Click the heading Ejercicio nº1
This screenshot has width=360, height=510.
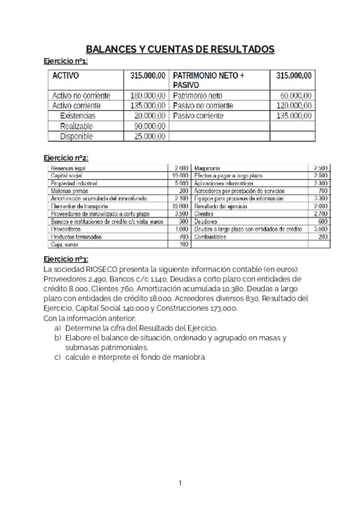click(x=66, y=61)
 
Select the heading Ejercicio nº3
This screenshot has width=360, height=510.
click(x=66, y=259)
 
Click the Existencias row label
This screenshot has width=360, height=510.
click(x=78, y=115)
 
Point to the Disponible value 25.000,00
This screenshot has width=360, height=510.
click(x=148, y=136)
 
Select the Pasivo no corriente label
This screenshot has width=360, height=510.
click(x=203, y=106)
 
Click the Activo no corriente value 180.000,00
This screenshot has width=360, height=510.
click(x=147, y=96)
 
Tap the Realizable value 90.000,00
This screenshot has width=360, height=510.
click(x=148, y=126)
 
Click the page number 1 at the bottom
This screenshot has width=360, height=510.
click(x=180, y=483)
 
